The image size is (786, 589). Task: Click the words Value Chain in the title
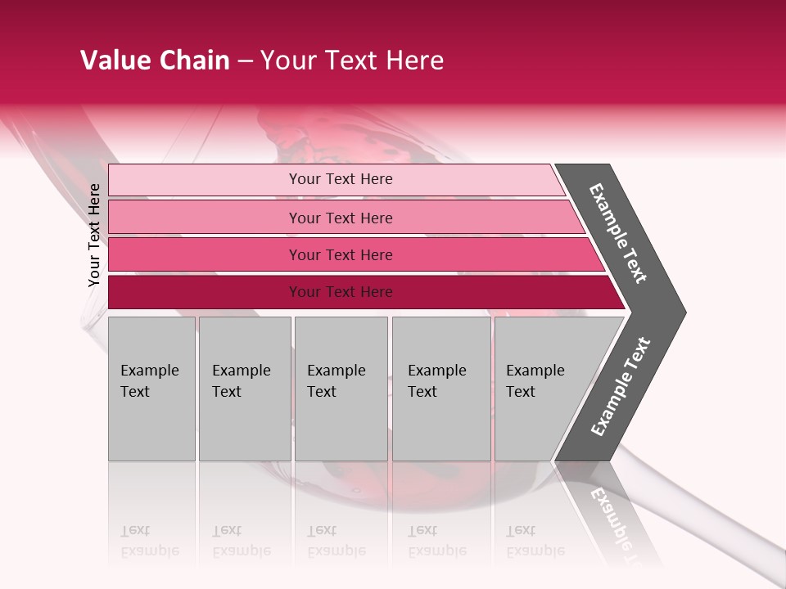(155, 61)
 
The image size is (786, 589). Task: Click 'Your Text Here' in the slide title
(352, 61)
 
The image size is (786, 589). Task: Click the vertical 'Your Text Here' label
(94, 235)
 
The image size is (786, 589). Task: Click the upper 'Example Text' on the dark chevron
(618, 233)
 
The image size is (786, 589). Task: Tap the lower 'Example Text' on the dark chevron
(621, 386)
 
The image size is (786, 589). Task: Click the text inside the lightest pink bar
(341, 179)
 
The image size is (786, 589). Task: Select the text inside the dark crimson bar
(341, 292)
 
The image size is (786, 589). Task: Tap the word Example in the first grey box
(149, 371)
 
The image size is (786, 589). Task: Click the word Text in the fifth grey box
(521, 392)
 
